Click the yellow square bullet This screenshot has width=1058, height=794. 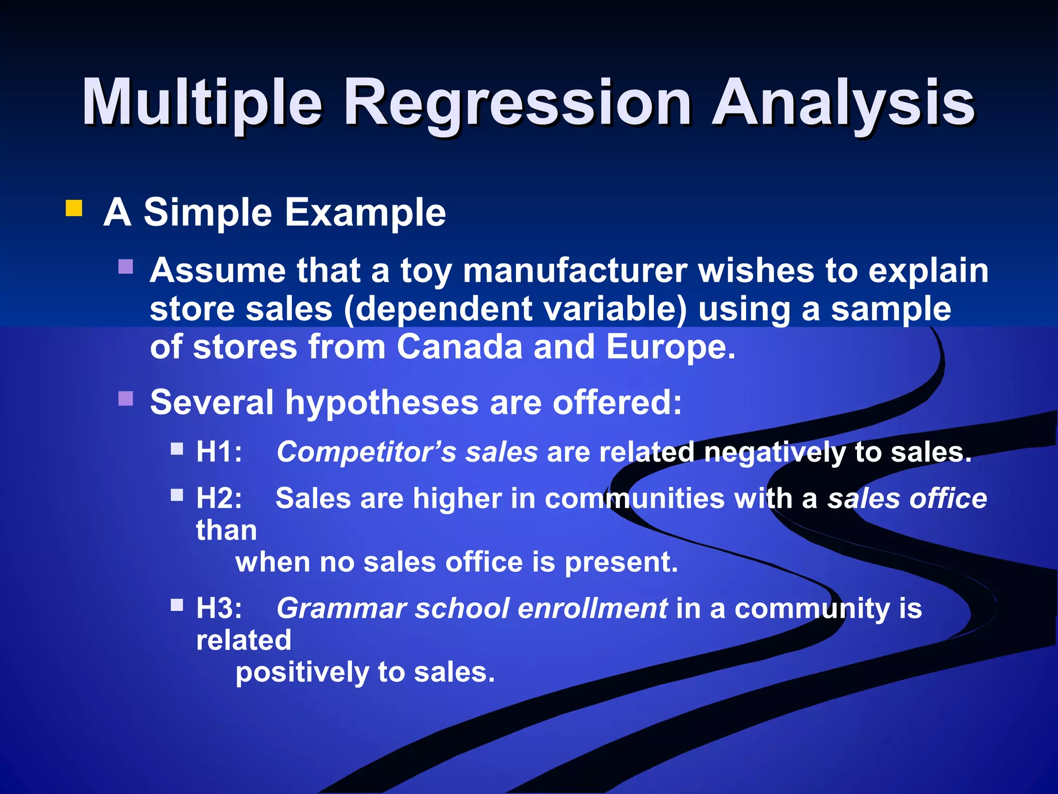tap(74, 208)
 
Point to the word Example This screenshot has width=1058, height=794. tap(365, 212)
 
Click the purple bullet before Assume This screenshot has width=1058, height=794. tap(126, 267)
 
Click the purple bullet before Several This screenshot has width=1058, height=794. tap(126, 399)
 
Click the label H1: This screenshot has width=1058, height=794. tap(219, 452)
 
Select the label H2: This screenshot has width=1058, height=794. tap(219, 498)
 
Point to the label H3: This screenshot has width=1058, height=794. tap(219, 608)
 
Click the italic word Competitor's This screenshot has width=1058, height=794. tap(366, 452)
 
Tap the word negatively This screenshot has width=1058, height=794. tap(775, 452)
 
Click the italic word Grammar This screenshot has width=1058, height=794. tap(341, 608)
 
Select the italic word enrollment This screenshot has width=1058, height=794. tap(593, 608)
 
